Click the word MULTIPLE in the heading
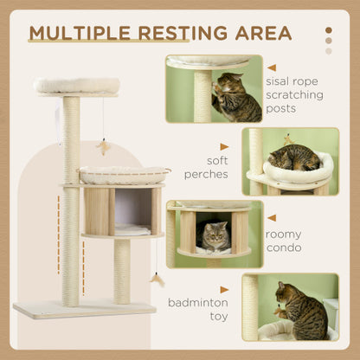click(x=79, y=34)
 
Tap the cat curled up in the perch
click(x=293, y=157)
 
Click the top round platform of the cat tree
click(x=76, y=86)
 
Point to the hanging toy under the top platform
click(x=103, y=145)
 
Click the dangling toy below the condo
click(x=157, y=278)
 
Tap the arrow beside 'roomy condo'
click(x=272, y=217)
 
